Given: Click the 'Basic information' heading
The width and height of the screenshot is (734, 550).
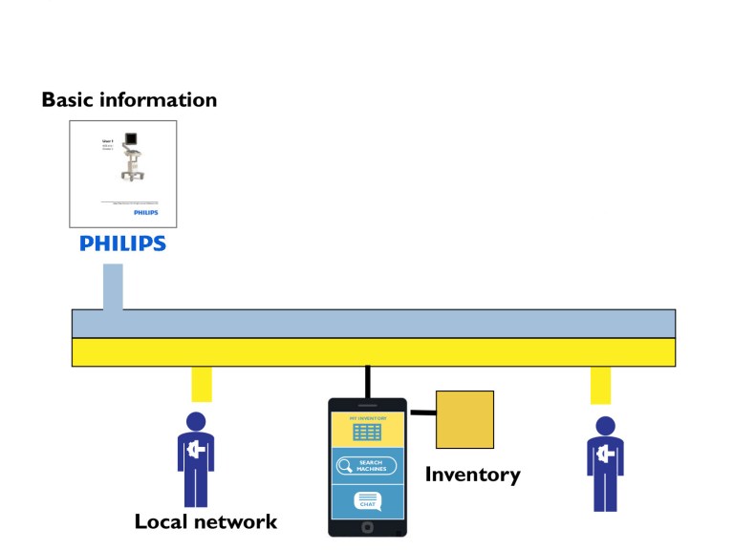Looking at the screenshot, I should point(129,99).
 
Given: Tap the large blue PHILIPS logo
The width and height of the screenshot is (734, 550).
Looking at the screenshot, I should point(122,243).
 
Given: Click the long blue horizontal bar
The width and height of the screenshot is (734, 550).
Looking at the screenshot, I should point(374,324).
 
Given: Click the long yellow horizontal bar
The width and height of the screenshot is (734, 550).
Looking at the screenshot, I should point(374,352).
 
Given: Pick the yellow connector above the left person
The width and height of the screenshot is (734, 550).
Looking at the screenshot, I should point(201,384).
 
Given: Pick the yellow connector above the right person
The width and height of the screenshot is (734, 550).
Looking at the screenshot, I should point(600,385).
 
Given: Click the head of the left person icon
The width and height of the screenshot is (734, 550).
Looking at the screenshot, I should point(196,421).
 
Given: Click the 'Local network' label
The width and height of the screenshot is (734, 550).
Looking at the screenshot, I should point(205,521).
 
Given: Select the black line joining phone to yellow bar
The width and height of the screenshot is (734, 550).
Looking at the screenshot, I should point(367,382).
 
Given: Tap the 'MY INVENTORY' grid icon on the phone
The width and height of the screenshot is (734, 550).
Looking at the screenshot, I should point(367,432).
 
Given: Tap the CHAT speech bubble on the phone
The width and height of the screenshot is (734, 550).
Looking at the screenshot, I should point(367,500).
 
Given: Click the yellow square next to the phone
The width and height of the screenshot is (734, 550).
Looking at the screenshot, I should point(464,419).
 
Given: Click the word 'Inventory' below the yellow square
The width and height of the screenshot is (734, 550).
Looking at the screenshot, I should point(472,474).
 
